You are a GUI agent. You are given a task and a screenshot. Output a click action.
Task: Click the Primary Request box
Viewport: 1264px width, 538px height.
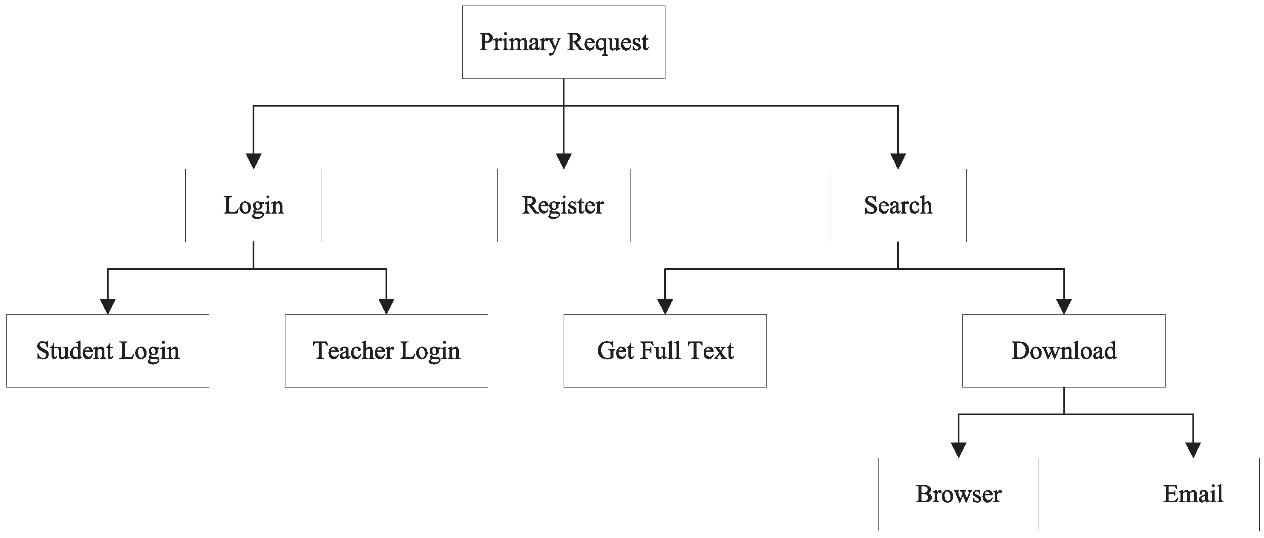[563, 42]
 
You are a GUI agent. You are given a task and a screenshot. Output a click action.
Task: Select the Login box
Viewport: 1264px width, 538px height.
[253, 205]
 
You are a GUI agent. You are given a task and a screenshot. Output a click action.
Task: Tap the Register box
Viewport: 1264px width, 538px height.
[563, 205]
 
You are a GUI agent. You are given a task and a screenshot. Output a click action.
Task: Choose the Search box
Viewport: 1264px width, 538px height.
[898, 205]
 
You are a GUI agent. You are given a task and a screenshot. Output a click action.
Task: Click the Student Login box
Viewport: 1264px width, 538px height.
[107, 350]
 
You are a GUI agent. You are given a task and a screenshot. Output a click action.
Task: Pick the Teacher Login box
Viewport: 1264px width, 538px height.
[386, 350]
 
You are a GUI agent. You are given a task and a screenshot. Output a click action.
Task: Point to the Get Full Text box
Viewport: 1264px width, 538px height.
[665, 350]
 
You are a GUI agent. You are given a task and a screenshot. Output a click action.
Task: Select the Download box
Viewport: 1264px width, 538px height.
[1063, 350]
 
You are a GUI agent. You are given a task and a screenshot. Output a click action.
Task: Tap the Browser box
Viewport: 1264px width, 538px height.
[958, 495]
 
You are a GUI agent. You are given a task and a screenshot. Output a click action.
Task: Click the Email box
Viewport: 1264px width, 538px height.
[1193, 495]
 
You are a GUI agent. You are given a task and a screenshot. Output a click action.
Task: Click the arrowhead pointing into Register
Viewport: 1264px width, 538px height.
[563, 161]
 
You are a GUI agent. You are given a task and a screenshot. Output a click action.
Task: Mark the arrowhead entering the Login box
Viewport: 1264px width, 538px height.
[253, 161]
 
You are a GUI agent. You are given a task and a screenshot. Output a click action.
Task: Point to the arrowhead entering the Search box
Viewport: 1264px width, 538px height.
[898, 161]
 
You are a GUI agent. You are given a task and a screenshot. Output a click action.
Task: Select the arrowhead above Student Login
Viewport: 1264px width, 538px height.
[107, 307]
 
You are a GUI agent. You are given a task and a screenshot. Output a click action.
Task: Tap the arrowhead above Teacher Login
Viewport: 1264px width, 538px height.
[386, 307]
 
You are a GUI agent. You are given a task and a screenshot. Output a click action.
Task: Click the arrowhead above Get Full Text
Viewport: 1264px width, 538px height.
[665, 307]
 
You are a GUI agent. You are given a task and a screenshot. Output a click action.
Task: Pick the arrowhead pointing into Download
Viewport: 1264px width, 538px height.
[1063, 307]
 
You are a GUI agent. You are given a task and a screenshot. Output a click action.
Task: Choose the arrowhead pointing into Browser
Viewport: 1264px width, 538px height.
[958, 450]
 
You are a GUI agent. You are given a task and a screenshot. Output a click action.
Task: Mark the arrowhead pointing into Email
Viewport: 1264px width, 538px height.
[1193, 450]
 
